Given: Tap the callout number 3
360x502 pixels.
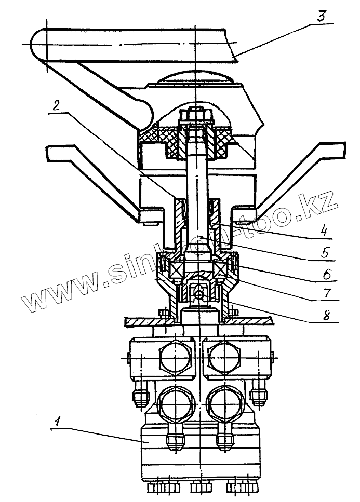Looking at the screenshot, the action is tap(322, 16).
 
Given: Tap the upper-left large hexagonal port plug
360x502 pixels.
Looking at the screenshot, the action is tap(175, 357).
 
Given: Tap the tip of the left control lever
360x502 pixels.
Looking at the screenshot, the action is tap(52, 152).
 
